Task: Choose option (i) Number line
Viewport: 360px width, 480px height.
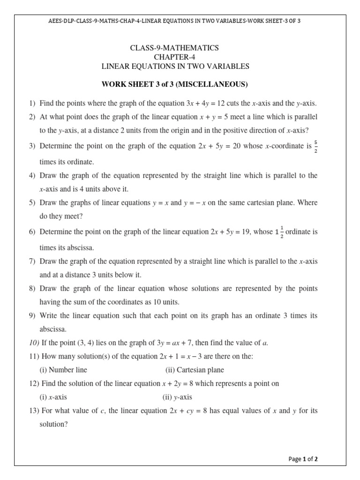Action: pos(63,370)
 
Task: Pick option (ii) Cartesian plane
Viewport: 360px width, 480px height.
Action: pos(195,370)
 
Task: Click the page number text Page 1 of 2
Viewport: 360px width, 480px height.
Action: pos(303,459)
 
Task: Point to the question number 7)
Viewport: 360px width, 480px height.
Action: pos(32,261)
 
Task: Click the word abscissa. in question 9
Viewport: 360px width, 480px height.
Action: pos(53,329)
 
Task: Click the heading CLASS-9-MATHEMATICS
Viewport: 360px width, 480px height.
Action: pos(176,48)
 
